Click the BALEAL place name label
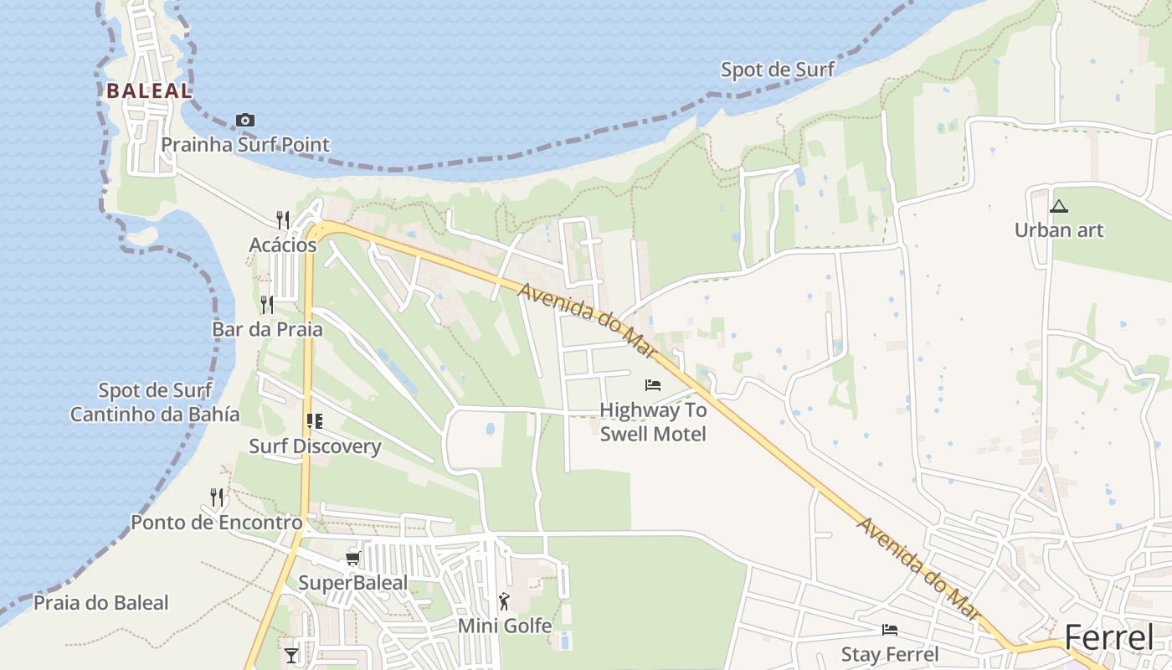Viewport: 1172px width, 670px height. [149, 90]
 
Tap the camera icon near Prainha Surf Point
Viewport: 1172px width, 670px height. [245, 120]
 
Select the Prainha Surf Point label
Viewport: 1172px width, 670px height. [245, 145]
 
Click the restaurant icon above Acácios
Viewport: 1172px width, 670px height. [283, 220]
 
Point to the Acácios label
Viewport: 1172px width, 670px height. [283, 245]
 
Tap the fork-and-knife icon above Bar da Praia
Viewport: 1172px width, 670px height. [267, 304]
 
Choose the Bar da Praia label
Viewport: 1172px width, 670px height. [267, 329]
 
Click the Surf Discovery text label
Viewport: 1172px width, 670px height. [315, 446]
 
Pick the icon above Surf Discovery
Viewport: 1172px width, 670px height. [315, 420]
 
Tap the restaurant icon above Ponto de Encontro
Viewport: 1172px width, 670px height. [217, 497]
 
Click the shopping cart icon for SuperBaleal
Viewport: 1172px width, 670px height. [352, 558]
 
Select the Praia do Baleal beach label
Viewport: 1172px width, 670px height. [100, 603]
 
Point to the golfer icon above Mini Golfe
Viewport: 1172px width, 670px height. [504, 600]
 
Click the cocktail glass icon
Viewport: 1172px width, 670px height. [291, 655]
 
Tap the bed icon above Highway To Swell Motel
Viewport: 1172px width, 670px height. [653, 385]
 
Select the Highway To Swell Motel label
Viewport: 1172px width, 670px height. [653, 422]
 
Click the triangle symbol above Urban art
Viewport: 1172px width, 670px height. [1059, 206]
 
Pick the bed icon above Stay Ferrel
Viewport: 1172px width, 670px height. [890, 630]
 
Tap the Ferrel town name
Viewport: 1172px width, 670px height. [1109, 639]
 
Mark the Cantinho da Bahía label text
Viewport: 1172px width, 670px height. [155, 414]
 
